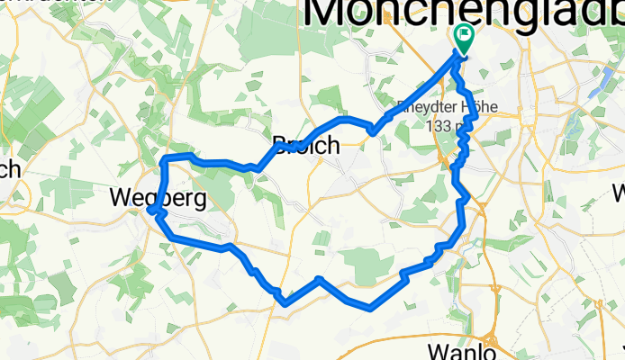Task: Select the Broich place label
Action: (x=306, y=144)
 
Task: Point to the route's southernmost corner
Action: (x=370, y=309)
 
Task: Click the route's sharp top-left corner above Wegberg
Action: (x=165, y=160)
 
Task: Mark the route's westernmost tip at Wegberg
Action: (x=150, y=211)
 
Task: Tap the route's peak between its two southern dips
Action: (x=319, y=280)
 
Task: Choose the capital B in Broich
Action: (x=280, y=144)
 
